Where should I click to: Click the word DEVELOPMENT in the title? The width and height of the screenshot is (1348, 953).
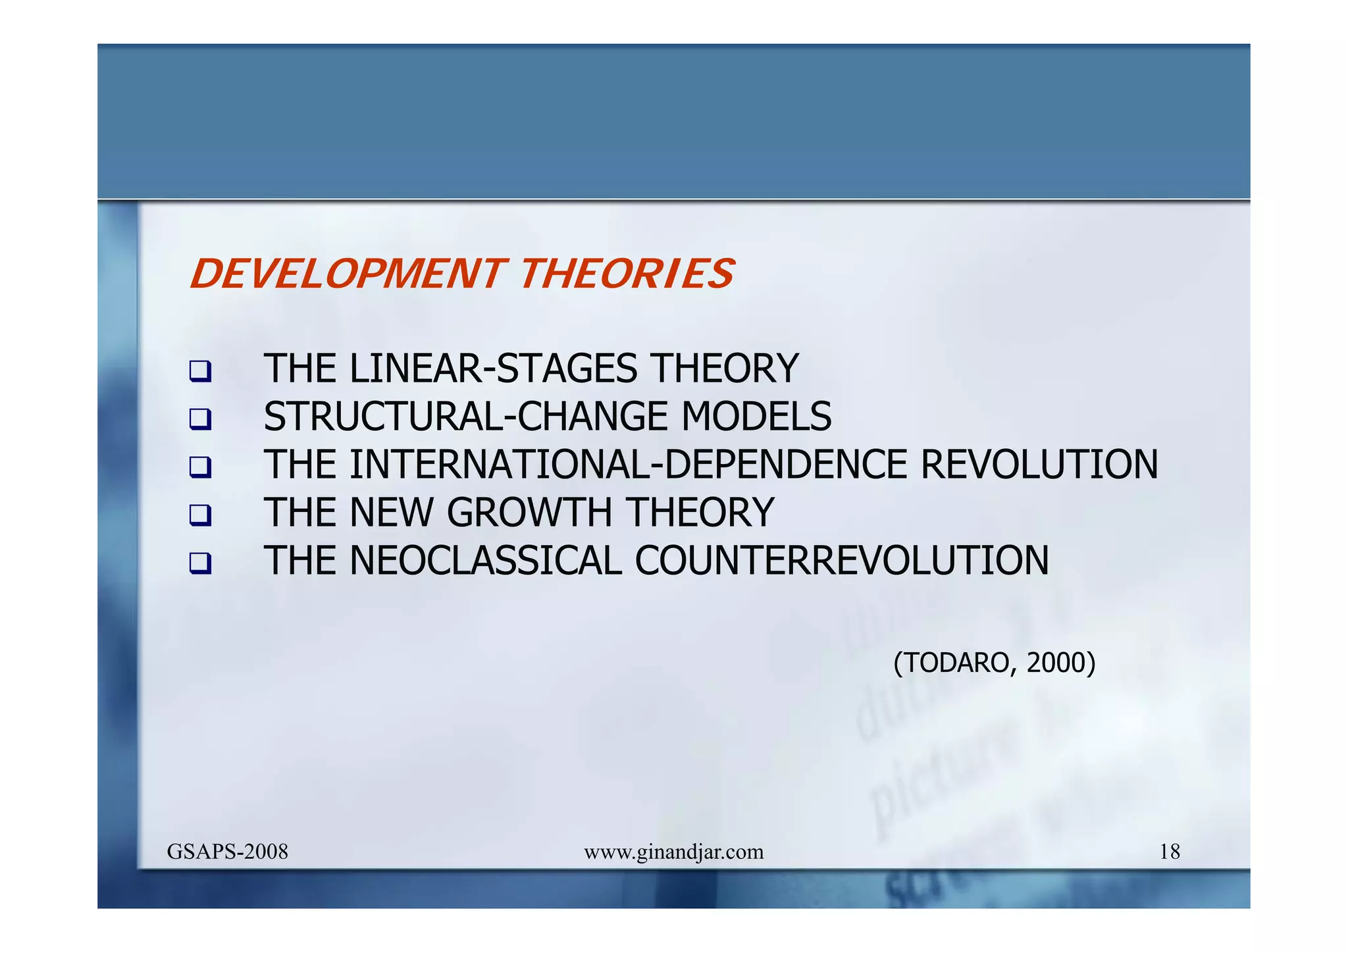point(346,274)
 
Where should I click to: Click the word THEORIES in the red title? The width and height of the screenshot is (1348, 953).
point(627,274)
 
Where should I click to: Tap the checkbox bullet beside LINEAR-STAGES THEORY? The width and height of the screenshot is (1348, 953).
point(200,371)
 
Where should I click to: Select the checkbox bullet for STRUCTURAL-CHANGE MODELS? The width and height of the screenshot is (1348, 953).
point(200,419)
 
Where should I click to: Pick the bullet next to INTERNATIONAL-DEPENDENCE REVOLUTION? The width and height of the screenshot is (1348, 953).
point(200,467)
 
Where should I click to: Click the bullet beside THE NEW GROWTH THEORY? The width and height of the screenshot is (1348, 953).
point(200,515)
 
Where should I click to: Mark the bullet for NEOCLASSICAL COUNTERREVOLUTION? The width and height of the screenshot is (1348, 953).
point(200,563)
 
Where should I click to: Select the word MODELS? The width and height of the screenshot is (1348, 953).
point(756,417)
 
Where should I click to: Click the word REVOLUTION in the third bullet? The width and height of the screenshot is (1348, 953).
point(1039,465)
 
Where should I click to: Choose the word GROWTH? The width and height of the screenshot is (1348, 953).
point(529,513)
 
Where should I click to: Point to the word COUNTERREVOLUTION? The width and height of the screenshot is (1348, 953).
point(841,561)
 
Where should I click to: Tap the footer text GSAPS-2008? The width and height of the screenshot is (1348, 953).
point(228,852)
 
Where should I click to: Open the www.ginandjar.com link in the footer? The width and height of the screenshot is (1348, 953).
point(673,852)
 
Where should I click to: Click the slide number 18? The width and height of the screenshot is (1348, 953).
point(1169,852)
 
